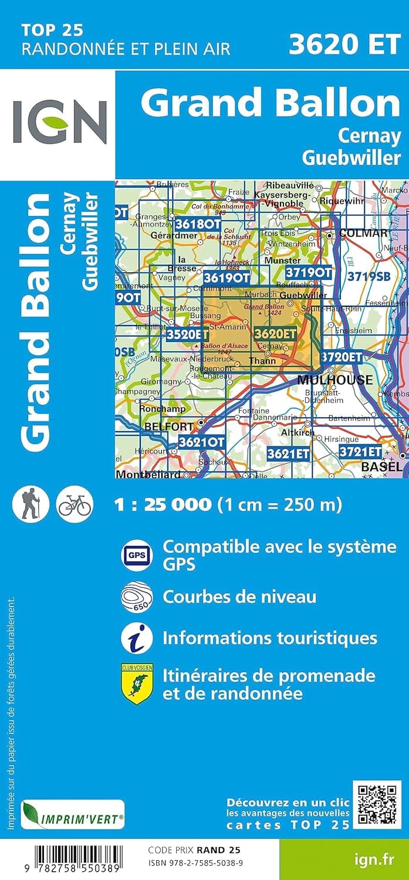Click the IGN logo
tap(59, 123)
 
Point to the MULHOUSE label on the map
tap(334, 380)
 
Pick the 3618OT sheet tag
tap(198, 224)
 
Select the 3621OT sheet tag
tap(201, 442)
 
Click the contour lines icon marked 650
tap(137, 597)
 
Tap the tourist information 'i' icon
tap(137, 638)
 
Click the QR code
tap(377, 805)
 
